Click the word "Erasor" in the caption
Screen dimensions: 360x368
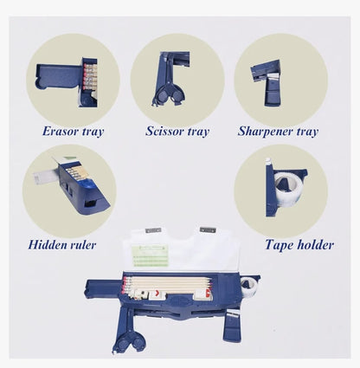click(61, 131)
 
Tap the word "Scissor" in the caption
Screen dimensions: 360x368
click(164, 131)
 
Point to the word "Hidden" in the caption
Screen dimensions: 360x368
click(48, 245)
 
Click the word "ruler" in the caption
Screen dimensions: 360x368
click(83, 245)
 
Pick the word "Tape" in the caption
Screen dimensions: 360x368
click(278, 245)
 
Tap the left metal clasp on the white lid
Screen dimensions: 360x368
click(153, 230)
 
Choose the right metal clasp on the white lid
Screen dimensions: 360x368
click(208, 230)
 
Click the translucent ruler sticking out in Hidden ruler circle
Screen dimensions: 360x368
click(46, 177)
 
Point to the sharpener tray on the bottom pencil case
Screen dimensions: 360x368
click(233, 326)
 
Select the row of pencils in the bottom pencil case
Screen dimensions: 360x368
click(167, 284)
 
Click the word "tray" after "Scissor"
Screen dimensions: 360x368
click(198, 132)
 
